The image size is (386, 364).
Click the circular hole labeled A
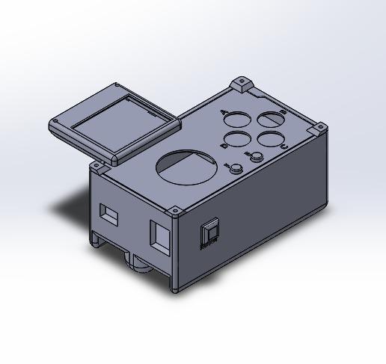(237, 119)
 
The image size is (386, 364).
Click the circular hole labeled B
(271, 119)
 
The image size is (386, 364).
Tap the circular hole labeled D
(237, 139)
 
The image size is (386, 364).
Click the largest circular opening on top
(189, 167)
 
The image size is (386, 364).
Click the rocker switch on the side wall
(209, 233)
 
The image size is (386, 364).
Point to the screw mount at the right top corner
(320, 129)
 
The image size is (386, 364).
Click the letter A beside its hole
(224, 111)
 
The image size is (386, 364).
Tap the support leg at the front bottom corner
(175, 286)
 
